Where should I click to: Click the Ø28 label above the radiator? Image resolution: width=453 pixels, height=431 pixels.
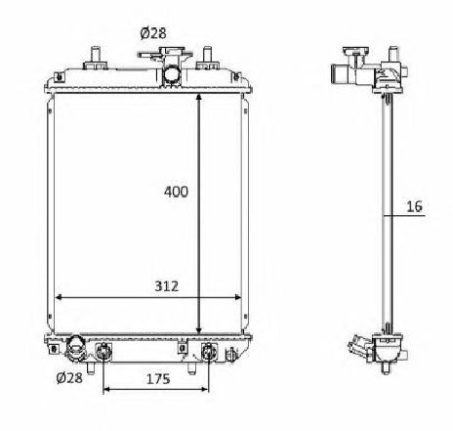point(153,33)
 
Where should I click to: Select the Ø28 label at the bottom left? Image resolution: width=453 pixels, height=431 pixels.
point(68,378)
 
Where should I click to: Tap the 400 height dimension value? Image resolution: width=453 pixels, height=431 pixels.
point(176,192)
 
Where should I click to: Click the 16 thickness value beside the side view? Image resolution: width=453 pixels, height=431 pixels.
point(414,206)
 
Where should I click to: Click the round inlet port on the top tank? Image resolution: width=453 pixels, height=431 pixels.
point(172,74)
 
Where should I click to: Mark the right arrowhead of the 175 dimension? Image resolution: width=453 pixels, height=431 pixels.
point(206,390)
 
